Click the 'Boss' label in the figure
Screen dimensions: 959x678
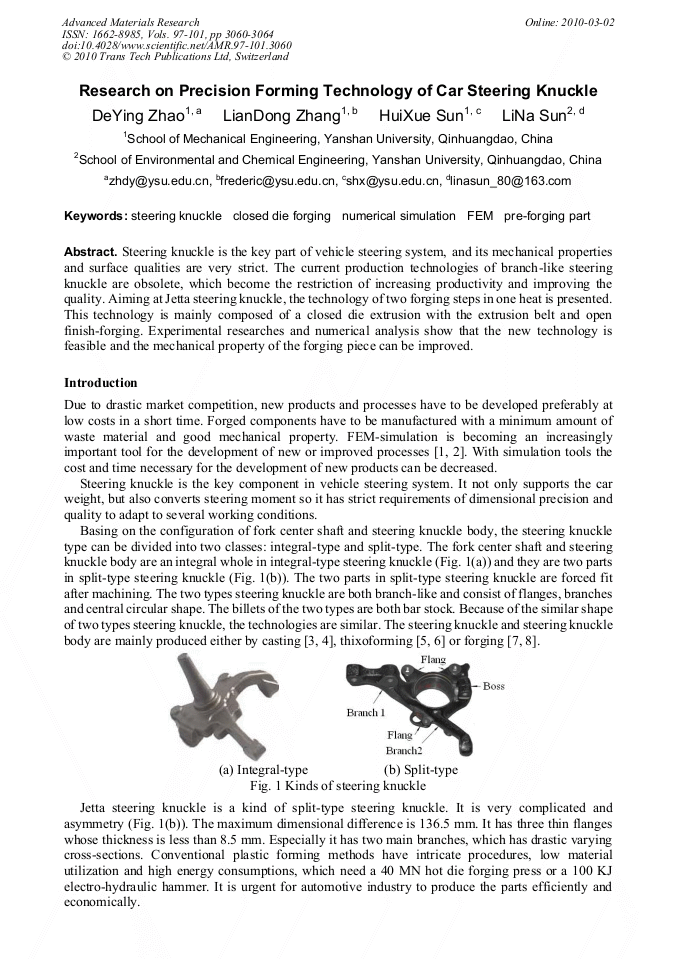click(x=494, y=686)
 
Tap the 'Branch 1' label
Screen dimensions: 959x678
click(x=366, y=713)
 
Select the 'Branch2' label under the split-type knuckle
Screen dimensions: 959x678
click(x=404, y=750)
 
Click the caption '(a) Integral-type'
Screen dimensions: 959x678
click(x=263, y=770)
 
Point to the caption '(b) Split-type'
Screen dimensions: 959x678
click(x=421, y=770)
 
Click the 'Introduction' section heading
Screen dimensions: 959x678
click(x=101, y=383)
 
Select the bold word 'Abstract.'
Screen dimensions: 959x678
click(x=91, y=252)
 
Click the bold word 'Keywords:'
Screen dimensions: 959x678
click(x=96, y=216)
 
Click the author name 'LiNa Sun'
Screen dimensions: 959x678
click(x=535, y=116)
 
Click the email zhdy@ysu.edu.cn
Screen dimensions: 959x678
click(x=158, y=181)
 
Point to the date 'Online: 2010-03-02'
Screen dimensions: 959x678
click(x=571, y=22)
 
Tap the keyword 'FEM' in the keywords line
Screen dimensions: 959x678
click(x=474, y=216)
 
